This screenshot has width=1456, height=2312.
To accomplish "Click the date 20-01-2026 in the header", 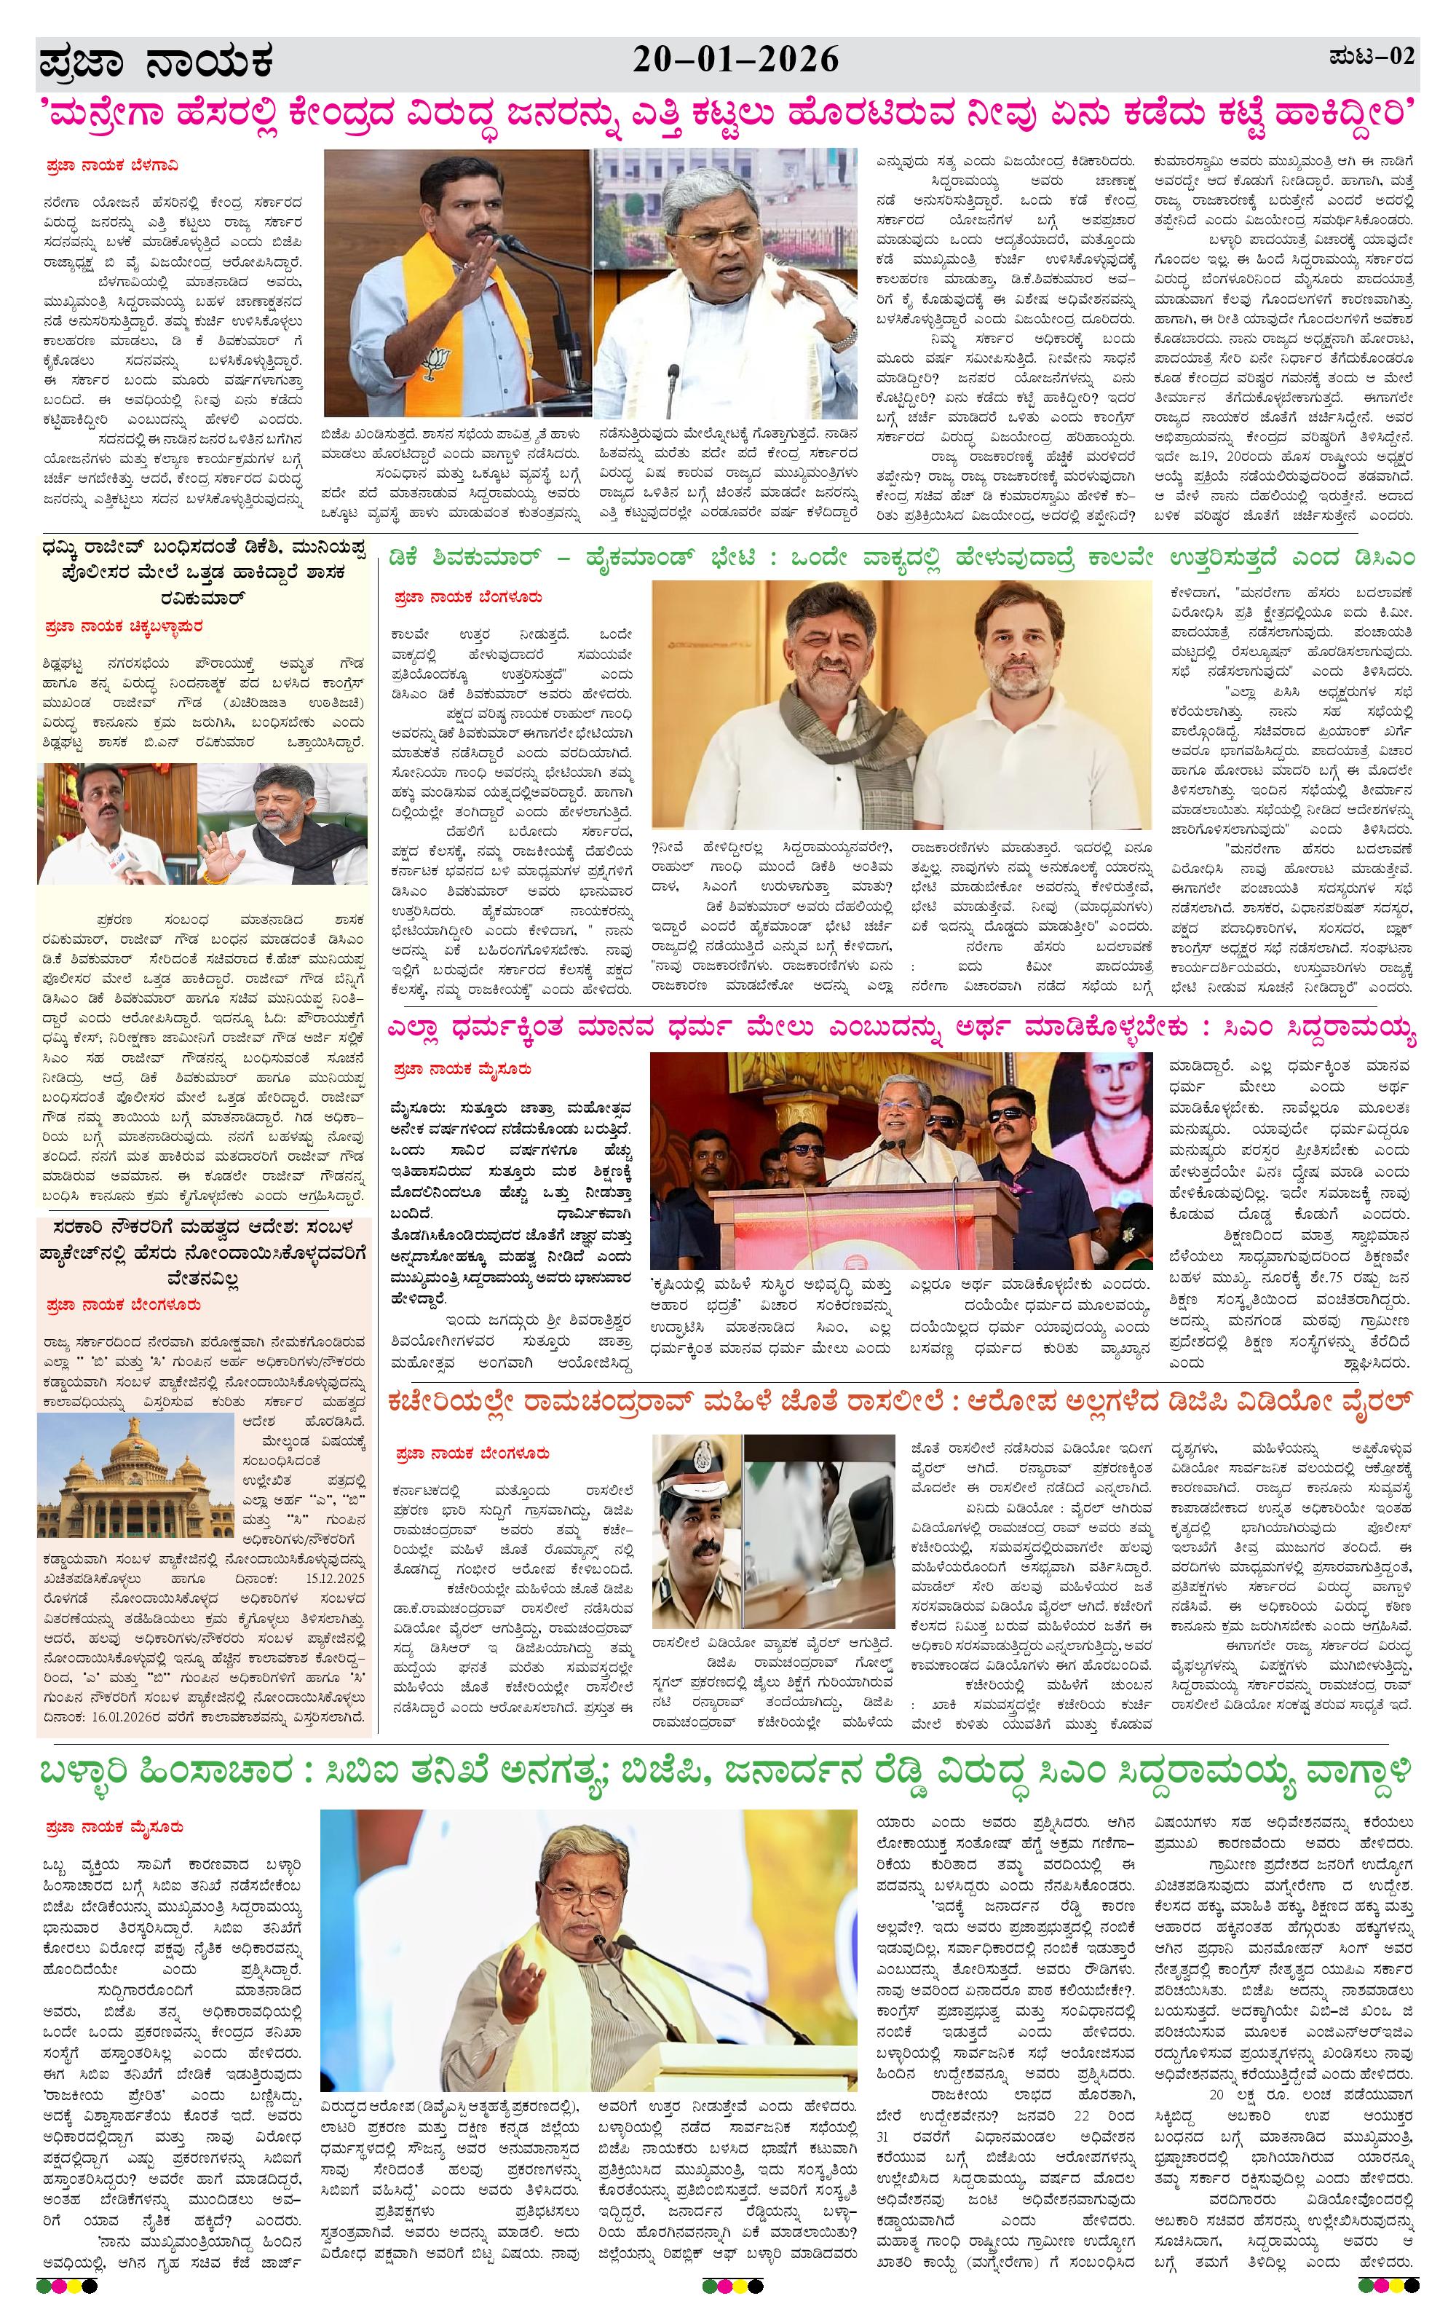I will pyautogui.click(x=735, y=60).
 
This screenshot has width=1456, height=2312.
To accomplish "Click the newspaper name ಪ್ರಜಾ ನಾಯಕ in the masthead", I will pyautogui.click(x=157, y=63).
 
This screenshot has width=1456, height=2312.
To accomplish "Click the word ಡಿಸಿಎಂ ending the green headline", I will pyautogui.click(x=1382, y=558).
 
